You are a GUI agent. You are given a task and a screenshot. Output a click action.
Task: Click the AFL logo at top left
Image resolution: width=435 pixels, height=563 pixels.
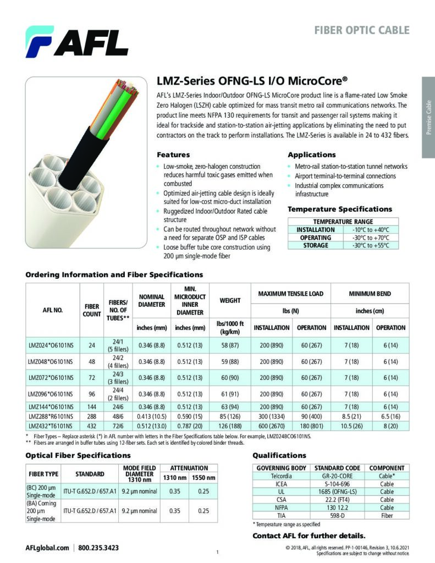tap(76, 42)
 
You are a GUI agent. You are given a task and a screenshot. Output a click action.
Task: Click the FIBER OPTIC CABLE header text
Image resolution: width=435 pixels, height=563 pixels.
tap(362, 30)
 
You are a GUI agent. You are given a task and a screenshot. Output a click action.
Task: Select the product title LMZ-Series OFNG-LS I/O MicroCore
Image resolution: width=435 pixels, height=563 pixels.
tap(252, 81)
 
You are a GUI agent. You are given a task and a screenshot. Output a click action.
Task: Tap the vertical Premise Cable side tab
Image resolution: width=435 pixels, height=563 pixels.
tap(428, 117)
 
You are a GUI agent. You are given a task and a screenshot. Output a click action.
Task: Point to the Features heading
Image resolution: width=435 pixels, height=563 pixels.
tap(173, 155)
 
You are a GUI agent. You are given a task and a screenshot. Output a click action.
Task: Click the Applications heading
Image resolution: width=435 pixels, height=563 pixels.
tap(311, 155)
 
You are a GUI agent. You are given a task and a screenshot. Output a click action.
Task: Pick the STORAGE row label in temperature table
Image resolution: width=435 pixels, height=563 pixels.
tap(316, 245)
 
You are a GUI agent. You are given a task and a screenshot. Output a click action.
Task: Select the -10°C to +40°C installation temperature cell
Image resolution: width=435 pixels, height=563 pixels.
tap(370, 230)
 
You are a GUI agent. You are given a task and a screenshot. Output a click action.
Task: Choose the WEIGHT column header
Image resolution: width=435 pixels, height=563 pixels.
tap(230, 301)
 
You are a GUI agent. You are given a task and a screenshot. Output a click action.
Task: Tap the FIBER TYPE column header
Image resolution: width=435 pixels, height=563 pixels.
tap(43, 473)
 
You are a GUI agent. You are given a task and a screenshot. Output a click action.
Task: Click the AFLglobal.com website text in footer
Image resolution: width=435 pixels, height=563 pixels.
tap(47, 548)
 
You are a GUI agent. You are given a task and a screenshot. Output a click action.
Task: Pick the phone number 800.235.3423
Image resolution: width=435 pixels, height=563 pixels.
tap(98, 548)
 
